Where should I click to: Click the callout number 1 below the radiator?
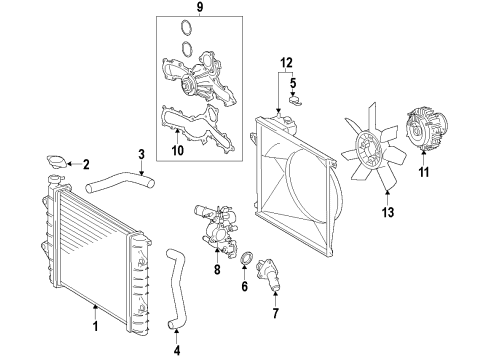point(96,326)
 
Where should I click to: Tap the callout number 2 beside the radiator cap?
point(86,165)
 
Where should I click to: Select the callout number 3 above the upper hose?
point(141,153)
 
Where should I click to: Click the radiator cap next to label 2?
point(58,163)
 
